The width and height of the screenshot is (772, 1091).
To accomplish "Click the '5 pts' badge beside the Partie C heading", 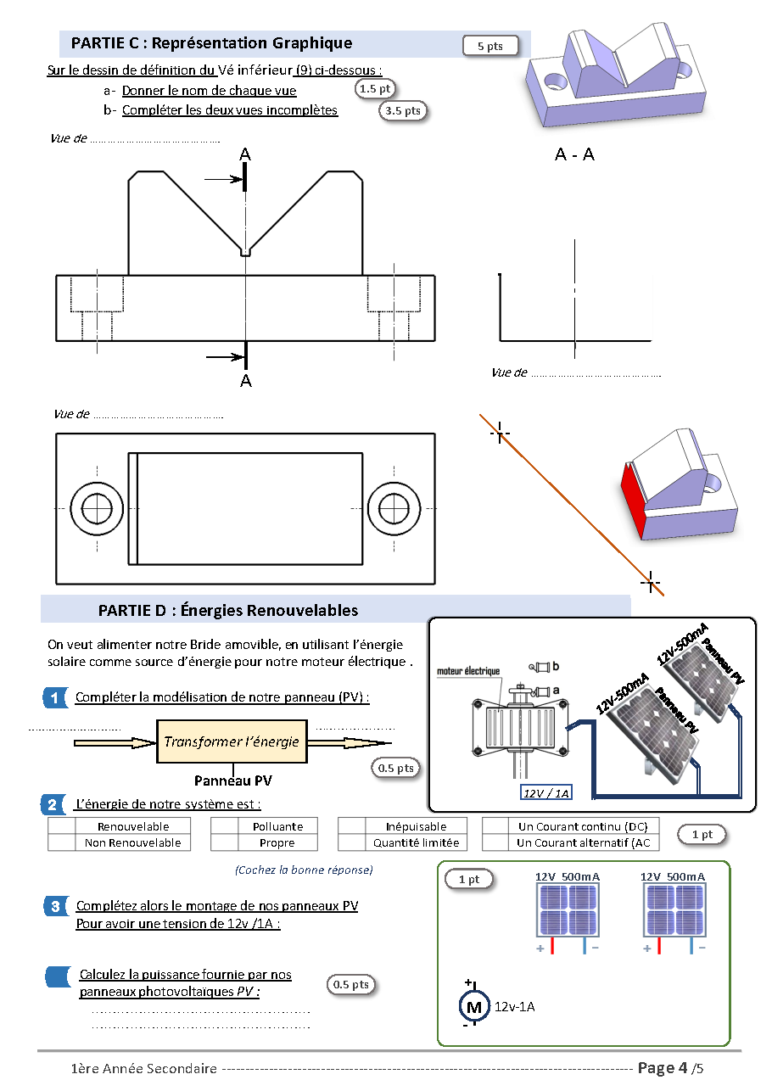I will pyautogui.click(x=490, y=46).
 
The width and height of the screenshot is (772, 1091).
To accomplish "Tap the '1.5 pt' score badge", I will pyautogui.click(x=374, y=89).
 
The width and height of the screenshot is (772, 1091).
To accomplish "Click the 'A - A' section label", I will pyautogui.click(x=574, y=154).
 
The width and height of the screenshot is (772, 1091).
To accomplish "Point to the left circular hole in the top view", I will pyautogui.click(x=97, y=508).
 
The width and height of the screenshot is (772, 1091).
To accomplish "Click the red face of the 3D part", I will pyautogui.click(x=634, y=501).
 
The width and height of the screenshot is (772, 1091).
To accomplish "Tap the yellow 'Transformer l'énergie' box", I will pyautogui.click(x=232, y=741).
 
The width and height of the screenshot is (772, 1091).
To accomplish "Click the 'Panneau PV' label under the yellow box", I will pyautogui.click(x=232, y=780).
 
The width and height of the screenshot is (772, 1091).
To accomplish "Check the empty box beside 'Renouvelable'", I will pyautogui.click(x=62, y=826).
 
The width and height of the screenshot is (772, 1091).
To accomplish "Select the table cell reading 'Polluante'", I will pyautogui.click(x=277, y=826).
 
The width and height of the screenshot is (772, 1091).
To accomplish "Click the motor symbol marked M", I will pyautogui.click(x=473, y=1007).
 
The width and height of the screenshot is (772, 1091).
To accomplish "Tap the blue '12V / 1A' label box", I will pyautogui.click(x=545, y=793).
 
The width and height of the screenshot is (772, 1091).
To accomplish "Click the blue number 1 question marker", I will pyautogui.click(x=55, y=698).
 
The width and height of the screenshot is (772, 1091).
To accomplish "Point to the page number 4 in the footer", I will pyautogui.click(x=684, y=1068).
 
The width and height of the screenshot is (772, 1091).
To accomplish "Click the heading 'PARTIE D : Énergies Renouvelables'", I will pyautogui.click(x=228, y=610).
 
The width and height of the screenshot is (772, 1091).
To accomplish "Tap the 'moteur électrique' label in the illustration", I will pyautogui.click(x=468, y=671).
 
